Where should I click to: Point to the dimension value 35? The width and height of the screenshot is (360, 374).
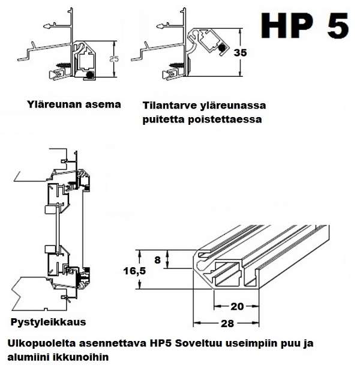[x=240, y=52]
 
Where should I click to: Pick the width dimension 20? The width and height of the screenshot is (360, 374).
[x=237, y=306]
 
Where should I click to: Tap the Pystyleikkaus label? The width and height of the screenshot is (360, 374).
[x=48, y=322]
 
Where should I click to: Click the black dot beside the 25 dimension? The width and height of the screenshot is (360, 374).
[x=90, y=75]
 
